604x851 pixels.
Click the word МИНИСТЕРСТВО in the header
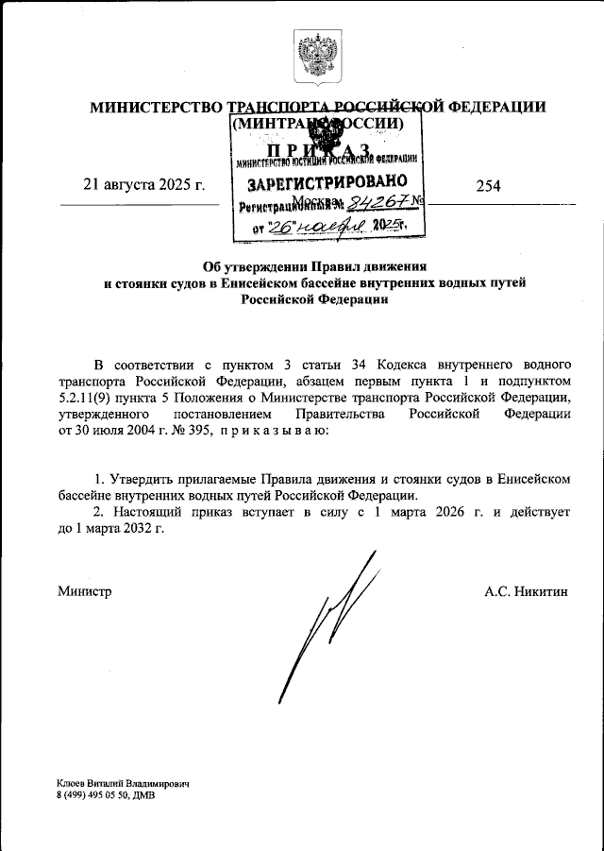point(157,107)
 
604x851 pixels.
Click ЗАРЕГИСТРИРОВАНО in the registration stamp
point(327,180)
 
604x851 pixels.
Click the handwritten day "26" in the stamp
point(280,227)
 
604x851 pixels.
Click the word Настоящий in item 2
point(153,513)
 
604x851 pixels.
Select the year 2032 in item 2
point(133,529)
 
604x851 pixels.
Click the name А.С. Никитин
point(527,591)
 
